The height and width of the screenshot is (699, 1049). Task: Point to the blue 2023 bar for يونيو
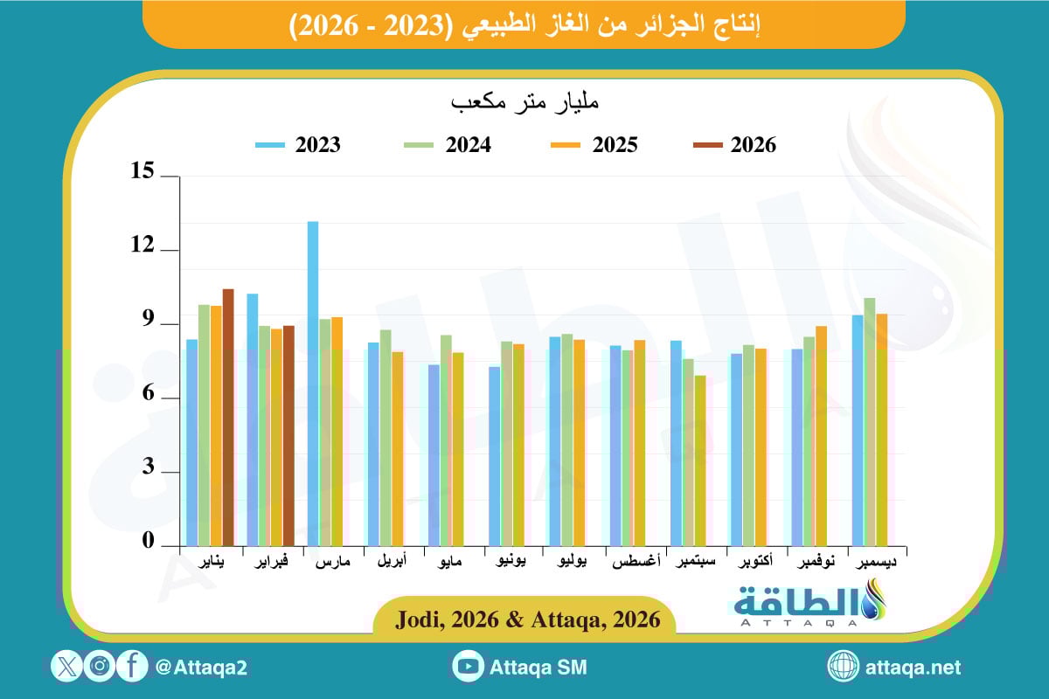(495, 455)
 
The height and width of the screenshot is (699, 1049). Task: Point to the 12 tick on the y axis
(143, 248)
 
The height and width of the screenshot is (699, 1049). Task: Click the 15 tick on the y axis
(143, 174)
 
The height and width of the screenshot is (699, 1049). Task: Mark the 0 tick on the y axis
(148, 543)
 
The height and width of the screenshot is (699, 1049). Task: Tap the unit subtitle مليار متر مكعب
(524, 103)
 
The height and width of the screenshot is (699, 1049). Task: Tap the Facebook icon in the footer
(132, 667)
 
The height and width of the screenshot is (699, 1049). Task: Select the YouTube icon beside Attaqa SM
(469, 667)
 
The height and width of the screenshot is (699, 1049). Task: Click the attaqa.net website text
(913, 668)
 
